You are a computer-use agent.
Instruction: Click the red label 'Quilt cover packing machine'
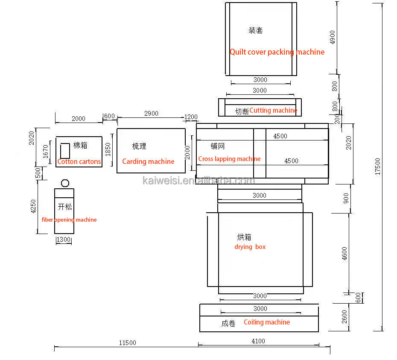[x=277, y=52]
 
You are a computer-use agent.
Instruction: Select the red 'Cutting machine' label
[x=273, y=110]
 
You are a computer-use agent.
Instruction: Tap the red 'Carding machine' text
[x=148, y=161]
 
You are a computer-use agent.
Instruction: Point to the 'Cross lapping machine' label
[x=229, y=159]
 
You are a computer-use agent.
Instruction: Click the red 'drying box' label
[x=250, y=247]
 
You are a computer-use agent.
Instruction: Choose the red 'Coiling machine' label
[x=266, y=322]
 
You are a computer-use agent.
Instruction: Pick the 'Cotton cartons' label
[x=79, y=161]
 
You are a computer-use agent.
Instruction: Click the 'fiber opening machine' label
[x=69, y=220]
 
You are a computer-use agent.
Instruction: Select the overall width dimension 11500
[x=127, y=342]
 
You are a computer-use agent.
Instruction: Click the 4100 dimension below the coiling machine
[x=258, y=341]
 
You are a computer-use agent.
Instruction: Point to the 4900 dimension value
[x=333, y=37]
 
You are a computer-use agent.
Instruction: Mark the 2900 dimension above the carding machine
[x=151, y=113]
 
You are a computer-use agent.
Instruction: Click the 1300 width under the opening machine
[x=63, y=240]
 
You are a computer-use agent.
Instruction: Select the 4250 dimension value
[x=33, y=207]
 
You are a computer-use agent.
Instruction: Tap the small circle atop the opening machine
[x=65, y=183]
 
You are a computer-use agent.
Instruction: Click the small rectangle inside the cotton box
[x=65, y=151]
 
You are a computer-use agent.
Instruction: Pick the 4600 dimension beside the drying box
[x=345, y=254]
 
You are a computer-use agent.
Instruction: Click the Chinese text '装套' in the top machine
[x=256, y=30]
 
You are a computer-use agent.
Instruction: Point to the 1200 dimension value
[x=191, y=117]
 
